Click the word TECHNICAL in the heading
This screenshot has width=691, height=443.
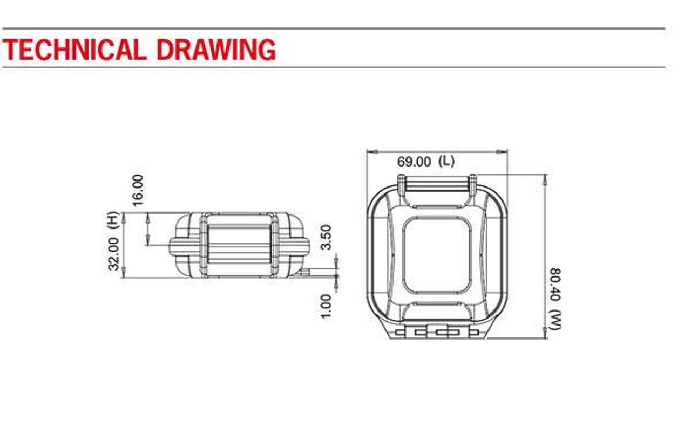[x=74, y=49]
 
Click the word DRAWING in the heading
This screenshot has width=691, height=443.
[x=216, y=49]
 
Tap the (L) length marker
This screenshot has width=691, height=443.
[x=446, y=162]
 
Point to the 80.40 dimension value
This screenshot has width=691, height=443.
[x=555, y=285]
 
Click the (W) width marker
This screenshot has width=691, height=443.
[x=555, y=321]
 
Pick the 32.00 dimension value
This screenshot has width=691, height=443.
[x=113, y=254]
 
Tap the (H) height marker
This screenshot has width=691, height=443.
[x=113, y=220]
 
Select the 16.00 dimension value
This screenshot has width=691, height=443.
[x=138, y=190]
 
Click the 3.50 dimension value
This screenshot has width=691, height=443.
[x=326, y=237]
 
